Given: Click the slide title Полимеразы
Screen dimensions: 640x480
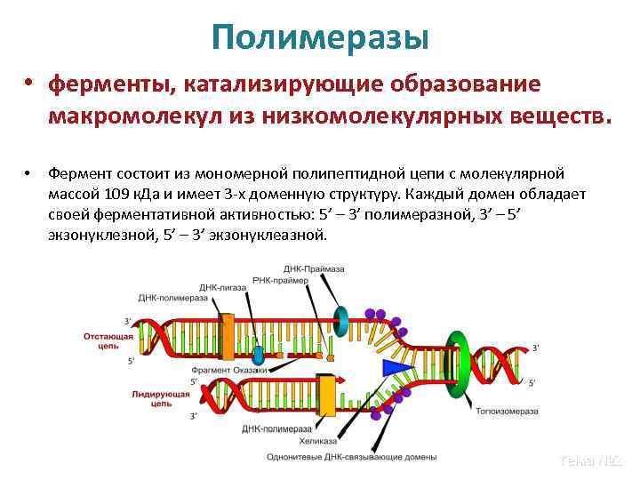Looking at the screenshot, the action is [320, 37].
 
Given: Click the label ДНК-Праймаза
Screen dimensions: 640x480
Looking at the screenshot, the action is [314, 268].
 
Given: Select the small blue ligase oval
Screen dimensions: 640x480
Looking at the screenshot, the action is [259, 355].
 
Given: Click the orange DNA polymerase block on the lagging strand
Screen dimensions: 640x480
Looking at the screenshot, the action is [227, 336].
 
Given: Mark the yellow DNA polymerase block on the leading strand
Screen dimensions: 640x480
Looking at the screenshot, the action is [325, 395].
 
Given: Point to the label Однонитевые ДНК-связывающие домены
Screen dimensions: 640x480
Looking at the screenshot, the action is [352, 457].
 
